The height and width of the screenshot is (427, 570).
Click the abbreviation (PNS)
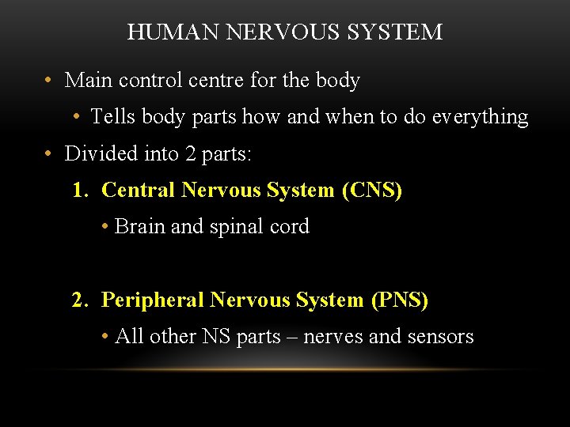(399, 300)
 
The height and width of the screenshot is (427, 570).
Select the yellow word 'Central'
(139, 191)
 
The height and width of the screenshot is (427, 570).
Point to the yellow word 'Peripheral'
(153, 300)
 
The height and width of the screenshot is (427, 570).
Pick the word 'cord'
(291, 227)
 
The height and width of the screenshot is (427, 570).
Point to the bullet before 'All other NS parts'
(105, 338)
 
